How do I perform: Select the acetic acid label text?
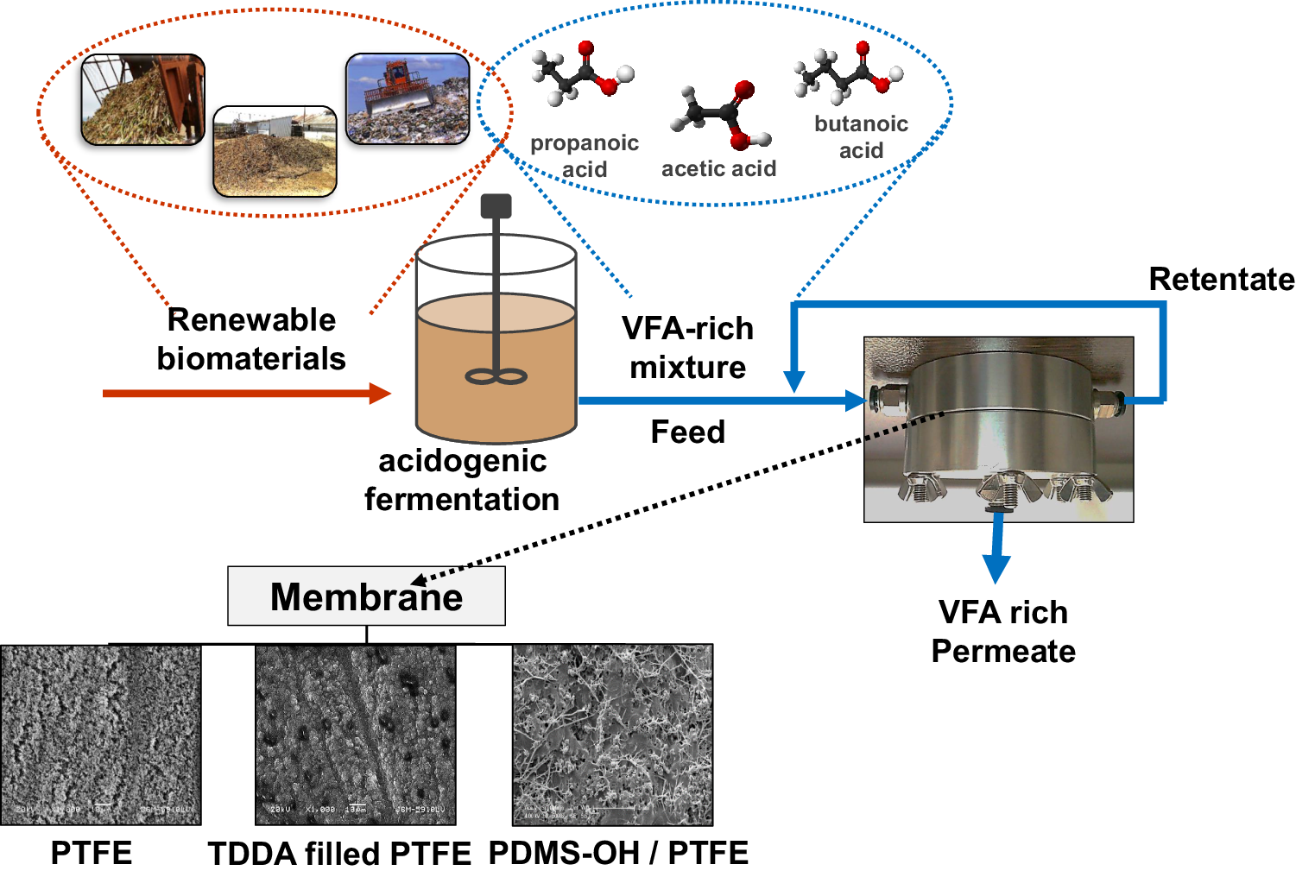point(718,168)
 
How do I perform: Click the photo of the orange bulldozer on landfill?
point(408,98)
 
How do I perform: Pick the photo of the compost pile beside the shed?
point(275,152)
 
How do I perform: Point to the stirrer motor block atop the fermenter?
point(496,205)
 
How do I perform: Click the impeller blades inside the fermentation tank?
point(496,376)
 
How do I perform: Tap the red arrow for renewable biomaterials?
point(246,394)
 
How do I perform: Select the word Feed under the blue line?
point(687,432)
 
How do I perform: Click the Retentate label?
point(1221,280)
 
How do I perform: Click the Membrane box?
point(366,596)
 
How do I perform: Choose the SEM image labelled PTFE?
point(101,735)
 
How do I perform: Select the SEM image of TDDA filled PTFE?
point(355,735)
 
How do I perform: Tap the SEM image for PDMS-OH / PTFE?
point(612,735)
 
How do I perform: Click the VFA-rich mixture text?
point(687,348)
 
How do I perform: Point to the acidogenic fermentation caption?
point(462,480)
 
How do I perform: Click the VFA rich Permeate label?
point(1003,631)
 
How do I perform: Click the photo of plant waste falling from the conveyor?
point(142,99)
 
